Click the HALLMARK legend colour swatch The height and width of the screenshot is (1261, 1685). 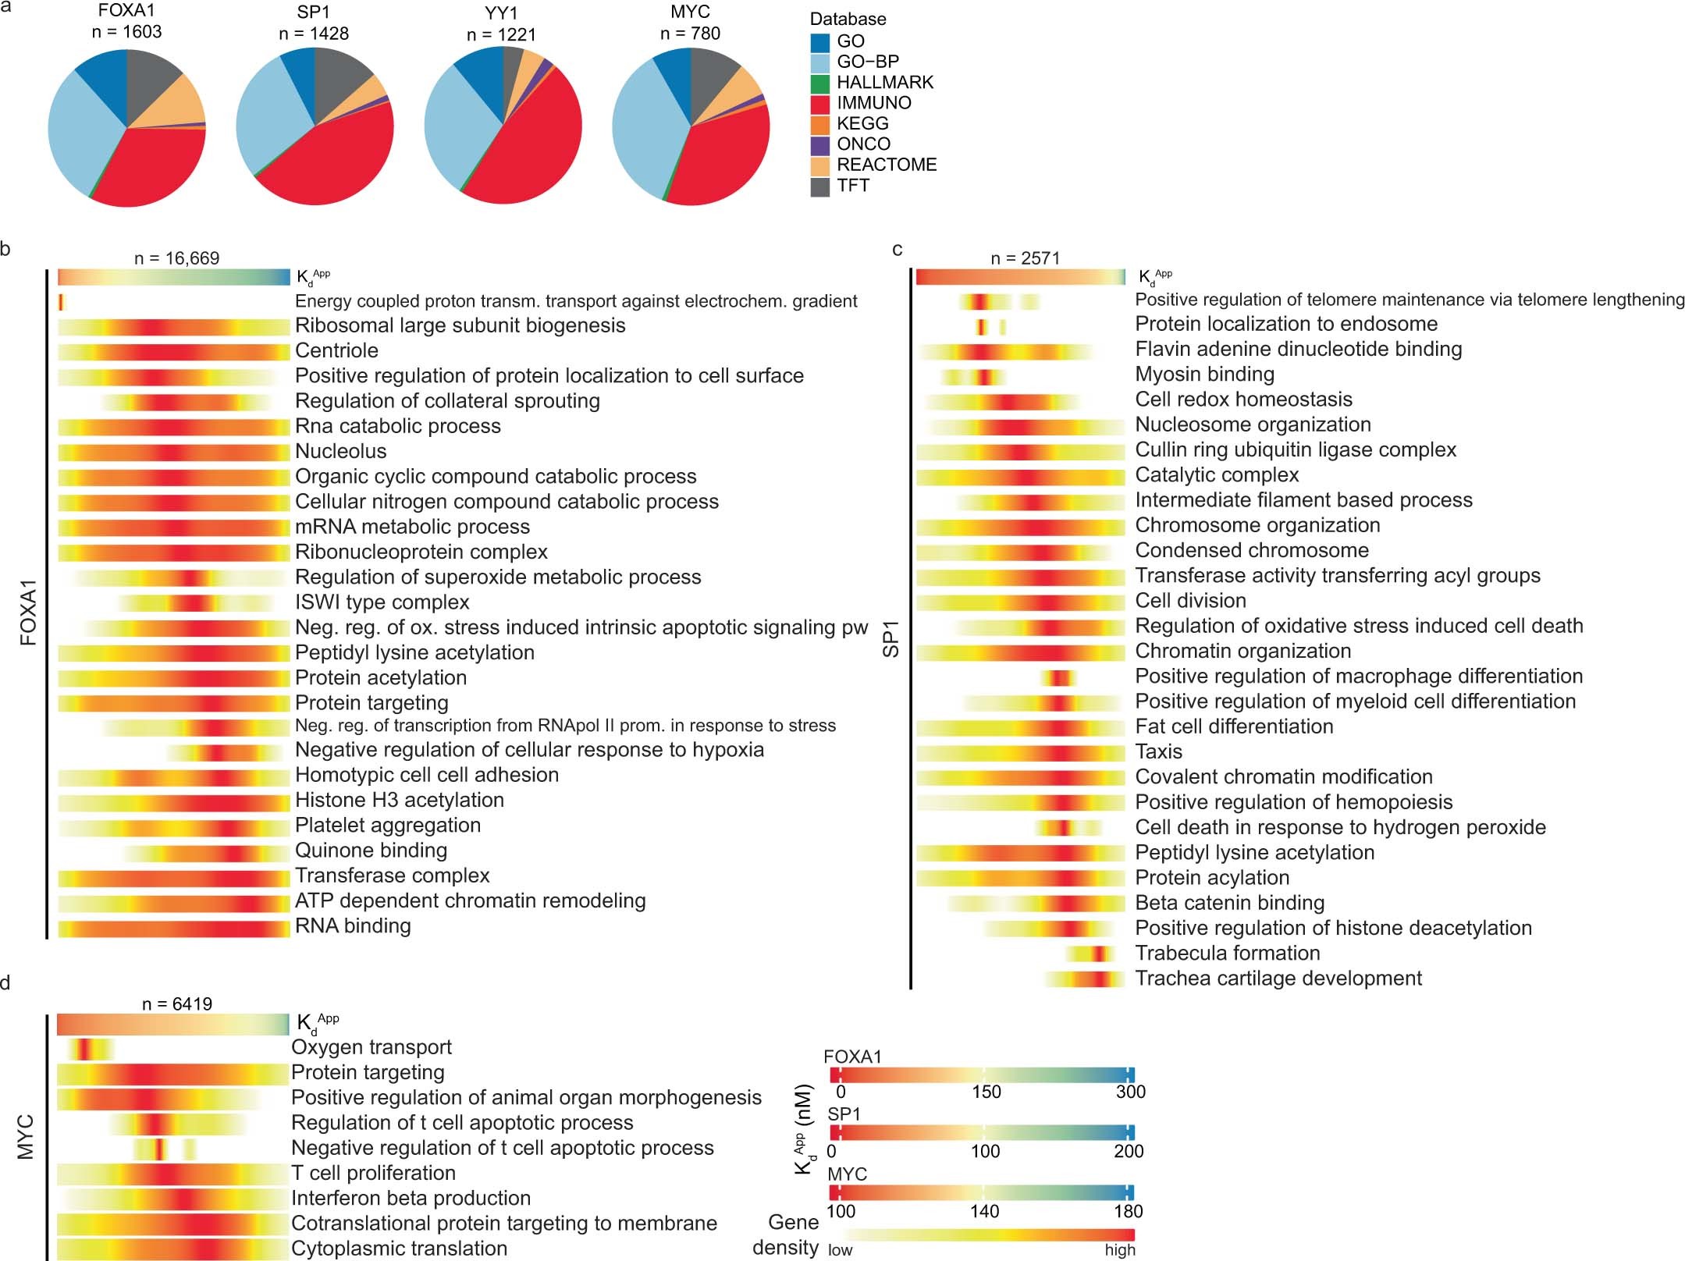(819, 83)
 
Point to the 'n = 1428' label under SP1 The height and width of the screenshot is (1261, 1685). (314, 34)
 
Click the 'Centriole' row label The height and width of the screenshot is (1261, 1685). (336, 351)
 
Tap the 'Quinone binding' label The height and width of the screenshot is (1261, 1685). (371, 851)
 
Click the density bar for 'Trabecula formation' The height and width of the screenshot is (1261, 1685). (1095, 954)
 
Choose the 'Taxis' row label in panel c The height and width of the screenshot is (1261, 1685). (1158, 752)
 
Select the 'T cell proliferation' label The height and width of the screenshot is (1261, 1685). (373, 1174)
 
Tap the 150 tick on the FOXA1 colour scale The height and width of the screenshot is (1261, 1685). (985, 1092)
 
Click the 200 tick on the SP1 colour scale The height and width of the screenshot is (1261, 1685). (1129, 1151)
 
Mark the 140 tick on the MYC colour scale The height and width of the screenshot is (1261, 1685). (984, 1211)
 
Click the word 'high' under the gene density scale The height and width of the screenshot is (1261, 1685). (1119, 1250)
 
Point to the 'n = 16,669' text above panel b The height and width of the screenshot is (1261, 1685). (176, 258)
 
